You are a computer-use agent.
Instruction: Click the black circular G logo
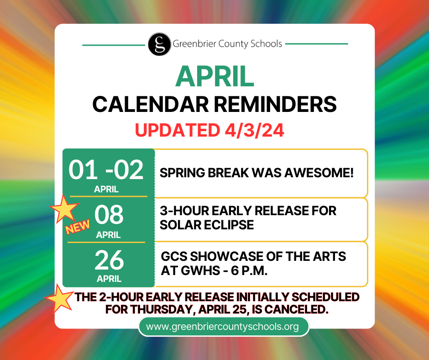(x=160, y=44)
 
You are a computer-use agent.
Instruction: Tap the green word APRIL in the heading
(x=215, y=76)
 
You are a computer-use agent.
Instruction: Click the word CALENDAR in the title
(x=151, y=104)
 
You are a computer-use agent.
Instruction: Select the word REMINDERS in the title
(x=275, y=104)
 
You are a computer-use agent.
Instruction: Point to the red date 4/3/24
(x=254, y=130)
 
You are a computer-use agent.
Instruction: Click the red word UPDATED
(x=178, y=130)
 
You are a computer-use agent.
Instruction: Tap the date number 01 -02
(x=106, y=170)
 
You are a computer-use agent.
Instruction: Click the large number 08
(x=109, y=215)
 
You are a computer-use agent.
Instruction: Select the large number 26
(x=109, y=260)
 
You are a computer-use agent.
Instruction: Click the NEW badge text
(x=78, y=227)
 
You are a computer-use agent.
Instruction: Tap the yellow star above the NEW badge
(x=64, y=208)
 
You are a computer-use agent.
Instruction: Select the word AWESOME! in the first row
(x=319, y=173)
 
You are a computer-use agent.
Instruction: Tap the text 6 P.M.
(x=249, y=270)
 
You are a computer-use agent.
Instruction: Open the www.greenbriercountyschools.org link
(x=222, y=327)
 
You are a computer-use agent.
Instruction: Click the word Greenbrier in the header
(x=194, y=44)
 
